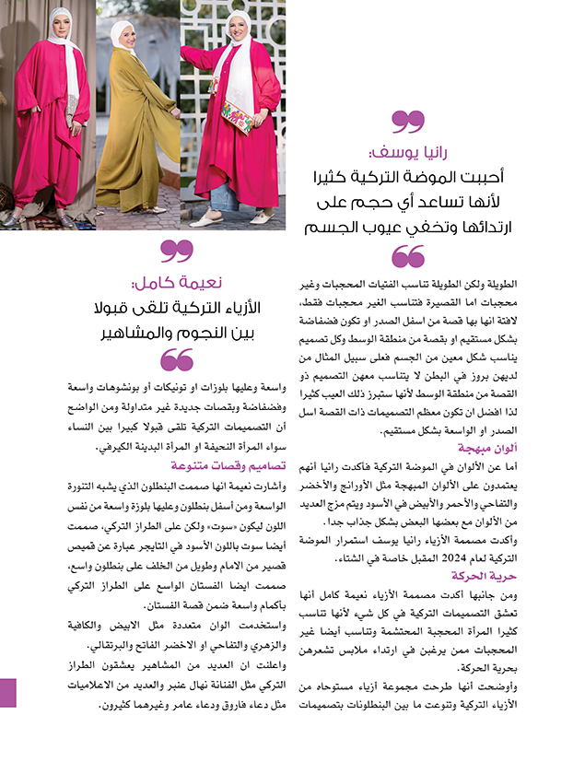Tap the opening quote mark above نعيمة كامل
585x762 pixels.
pos(178,250)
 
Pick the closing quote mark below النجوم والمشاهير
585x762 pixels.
pos(178,359)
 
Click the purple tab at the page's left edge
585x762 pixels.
pos(7,692)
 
